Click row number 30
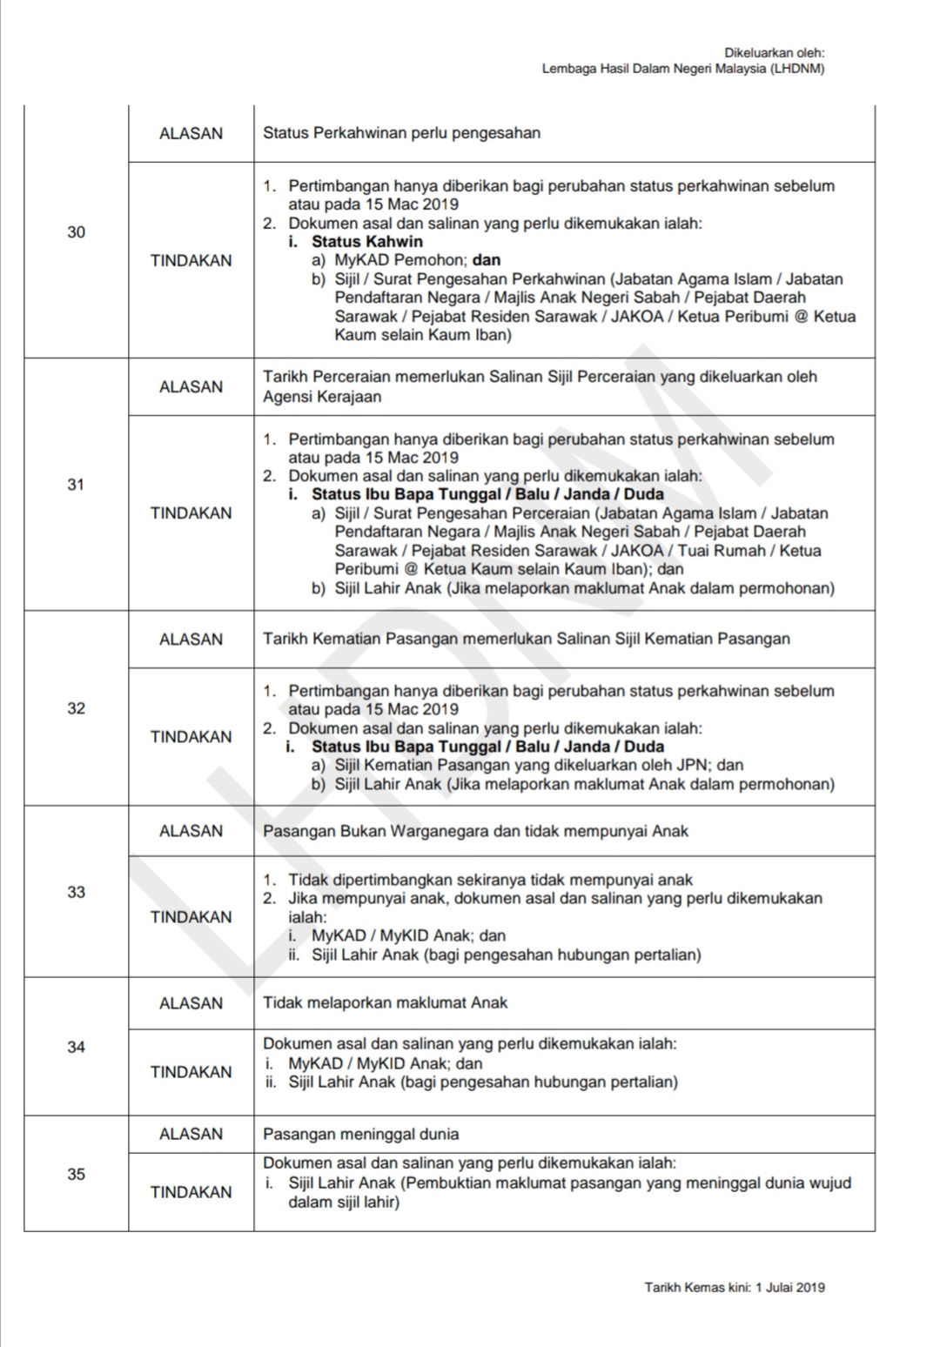[x=77, y=231]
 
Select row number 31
[x=77, y=485]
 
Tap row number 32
[x=77, y=708]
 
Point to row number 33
[x=77, y=892]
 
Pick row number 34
[x=77, y=1047]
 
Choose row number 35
[x=77, y=1174]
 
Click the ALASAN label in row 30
[x=191, y=133]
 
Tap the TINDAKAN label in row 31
[x=191, y=513]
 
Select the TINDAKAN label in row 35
[x=191, y=1192]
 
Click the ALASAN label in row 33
[x=191, y=831]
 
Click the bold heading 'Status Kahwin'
[x=367, y=242]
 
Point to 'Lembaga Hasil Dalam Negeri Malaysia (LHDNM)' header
[x=683, y=69]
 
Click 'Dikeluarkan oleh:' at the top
[x=775, y=53]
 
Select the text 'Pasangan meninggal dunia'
[x=360, y=1134]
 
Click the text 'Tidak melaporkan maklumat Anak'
[x=385, y=1002]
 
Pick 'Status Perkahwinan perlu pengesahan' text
[x=401, y=133]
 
